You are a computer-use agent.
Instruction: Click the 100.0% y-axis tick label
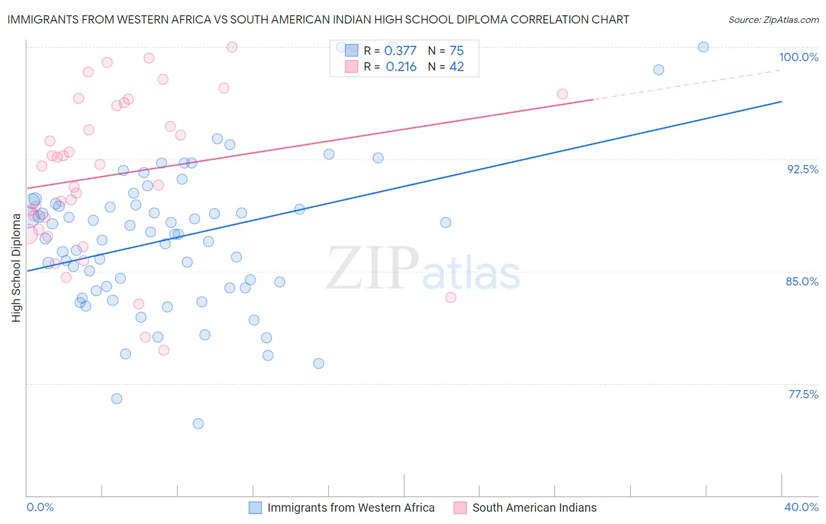[x=798, y=57]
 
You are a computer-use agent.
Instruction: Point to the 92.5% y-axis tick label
[x=803, y=169]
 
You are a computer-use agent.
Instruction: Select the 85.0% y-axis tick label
[x=802, y=281]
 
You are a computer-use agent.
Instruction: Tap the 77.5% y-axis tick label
[x=803, y=394]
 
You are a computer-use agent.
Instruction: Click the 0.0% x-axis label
[x=40, y=507]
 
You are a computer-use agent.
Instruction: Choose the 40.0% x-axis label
[x=801, y=507]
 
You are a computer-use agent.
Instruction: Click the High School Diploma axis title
[x=16, y=267]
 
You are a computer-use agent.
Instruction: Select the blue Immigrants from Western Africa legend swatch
[x=255, y=508]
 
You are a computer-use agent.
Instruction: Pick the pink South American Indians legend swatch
[x=460, y=508]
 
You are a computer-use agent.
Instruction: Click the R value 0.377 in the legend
[x=400, y=51]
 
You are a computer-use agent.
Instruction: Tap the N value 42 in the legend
[x=456, y=67]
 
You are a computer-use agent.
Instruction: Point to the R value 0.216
[x=401, y=67]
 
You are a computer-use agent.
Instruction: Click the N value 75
[x=456, y=51]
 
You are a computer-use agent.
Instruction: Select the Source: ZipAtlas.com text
[x=773, y=20]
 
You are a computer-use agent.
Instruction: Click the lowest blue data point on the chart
[x=198, y=424]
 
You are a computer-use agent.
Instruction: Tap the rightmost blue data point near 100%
[x=703, y=47]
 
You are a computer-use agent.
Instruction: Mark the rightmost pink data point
[x=562, y=94]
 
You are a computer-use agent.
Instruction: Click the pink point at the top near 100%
[x=232, y=47]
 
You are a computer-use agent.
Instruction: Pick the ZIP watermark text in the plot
[x=372, y=268]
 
